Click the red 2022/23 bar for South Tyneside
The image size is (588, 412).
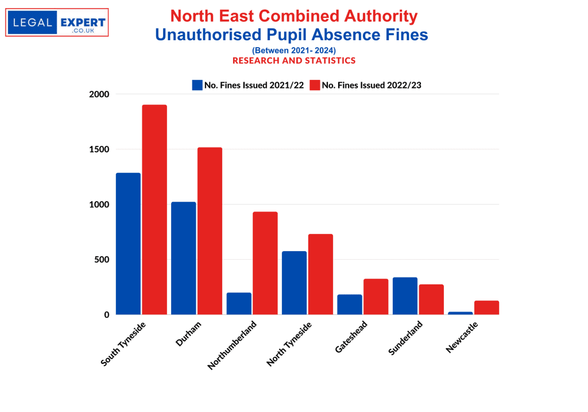[154, 210]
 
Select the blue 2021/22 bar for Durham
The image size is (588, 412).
[183, 258]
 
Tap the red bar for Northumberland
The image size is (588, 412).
[265, 263]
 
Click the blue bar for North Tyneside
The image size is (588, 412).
[294, 283]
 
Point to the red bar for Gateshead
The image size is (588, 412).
[376, 297]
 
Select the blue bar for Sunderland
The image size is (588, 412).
[405, 296]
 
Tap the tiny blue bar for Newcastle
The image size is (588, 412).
[461, 313]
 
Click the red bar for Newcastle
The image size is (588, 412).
[487, 307]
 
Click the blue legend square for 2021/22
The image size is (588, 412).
[197, 85]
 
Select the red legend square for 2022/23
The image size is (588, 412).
[314, 85]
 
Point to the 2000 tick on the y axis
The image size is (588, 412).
[99, 94]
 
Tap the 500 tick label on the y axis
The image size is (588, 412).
[101, 260]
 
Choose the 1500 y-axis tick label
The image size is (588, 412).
[99, 149]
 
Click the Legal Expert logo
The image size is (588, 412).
[57, 22]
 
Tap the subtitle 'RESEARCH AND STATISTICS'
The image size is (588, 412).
[293, 60]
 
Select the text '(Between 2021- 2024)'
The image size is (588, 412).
[293, 51]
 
